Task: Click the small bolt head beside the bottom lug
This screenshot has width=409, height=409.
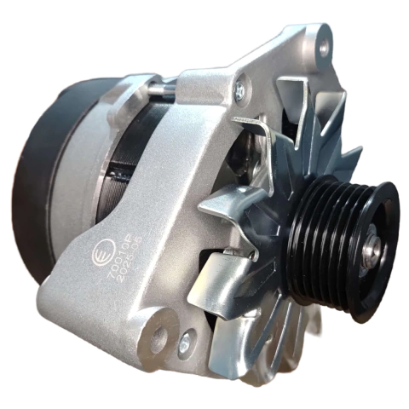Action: point(184,343)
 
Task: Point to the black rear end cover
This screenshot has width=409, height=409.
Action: point(43,170)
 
